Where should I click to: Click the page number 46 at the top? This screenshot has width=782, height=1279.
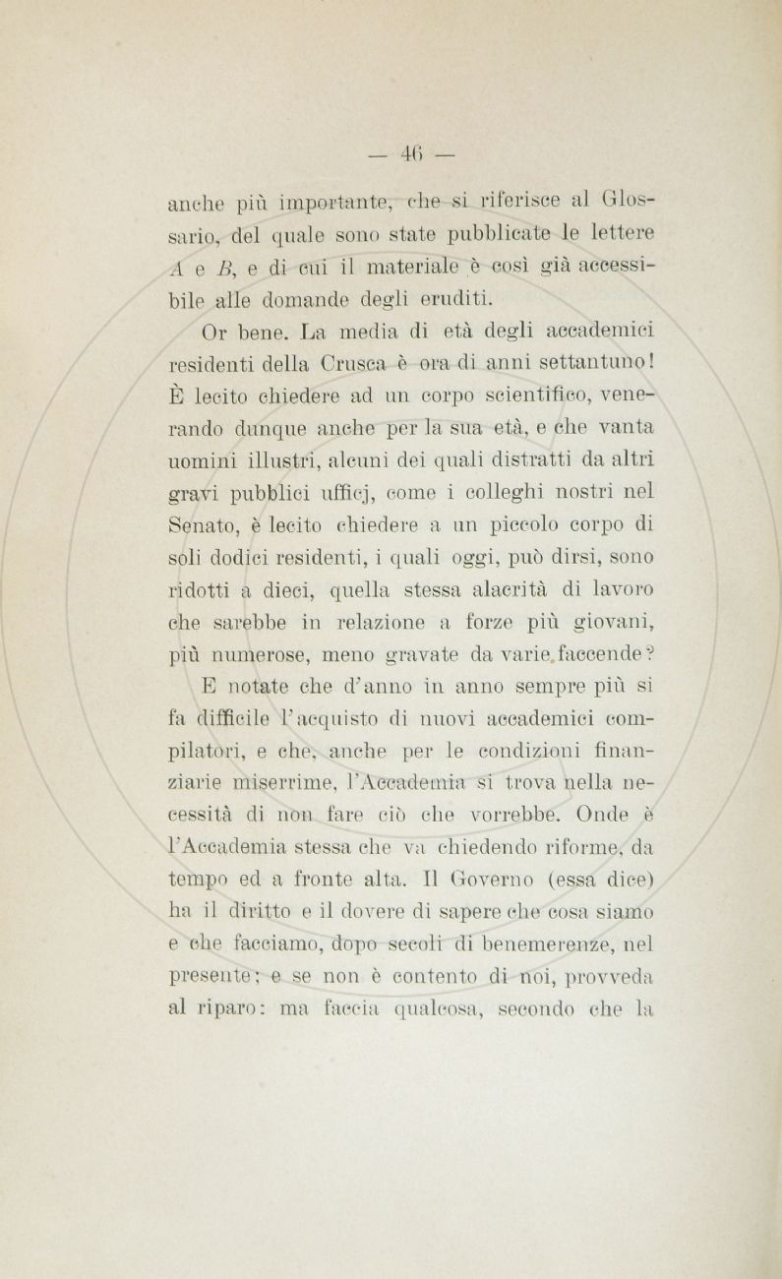tap(410, 153)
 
